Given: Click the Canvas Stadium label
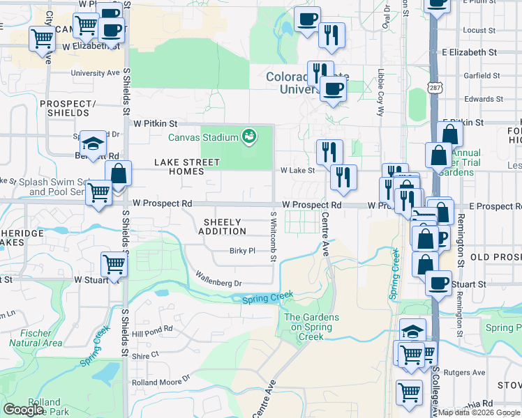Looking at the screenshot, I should (x=202, y=137).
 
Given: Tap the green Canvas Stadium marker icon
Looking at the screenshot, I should (x=248, y=136).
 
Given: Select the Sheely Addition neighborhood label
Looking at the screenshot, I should (x=224, y=226).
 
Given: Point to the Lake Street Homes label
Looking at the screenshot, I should (x=186, y=167).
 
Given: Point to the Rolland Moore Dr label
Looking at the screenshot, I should (x=161, y=380).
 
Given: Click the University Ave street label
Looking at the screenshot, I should (x=95, y=72).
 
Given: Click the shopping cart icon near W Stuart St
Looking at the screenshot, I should (x=114, y=265).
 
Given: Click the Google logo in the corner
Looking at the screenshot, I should (x=23, y=410).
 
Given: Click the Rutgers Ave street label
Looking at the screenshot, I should (x=468, y=373).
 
